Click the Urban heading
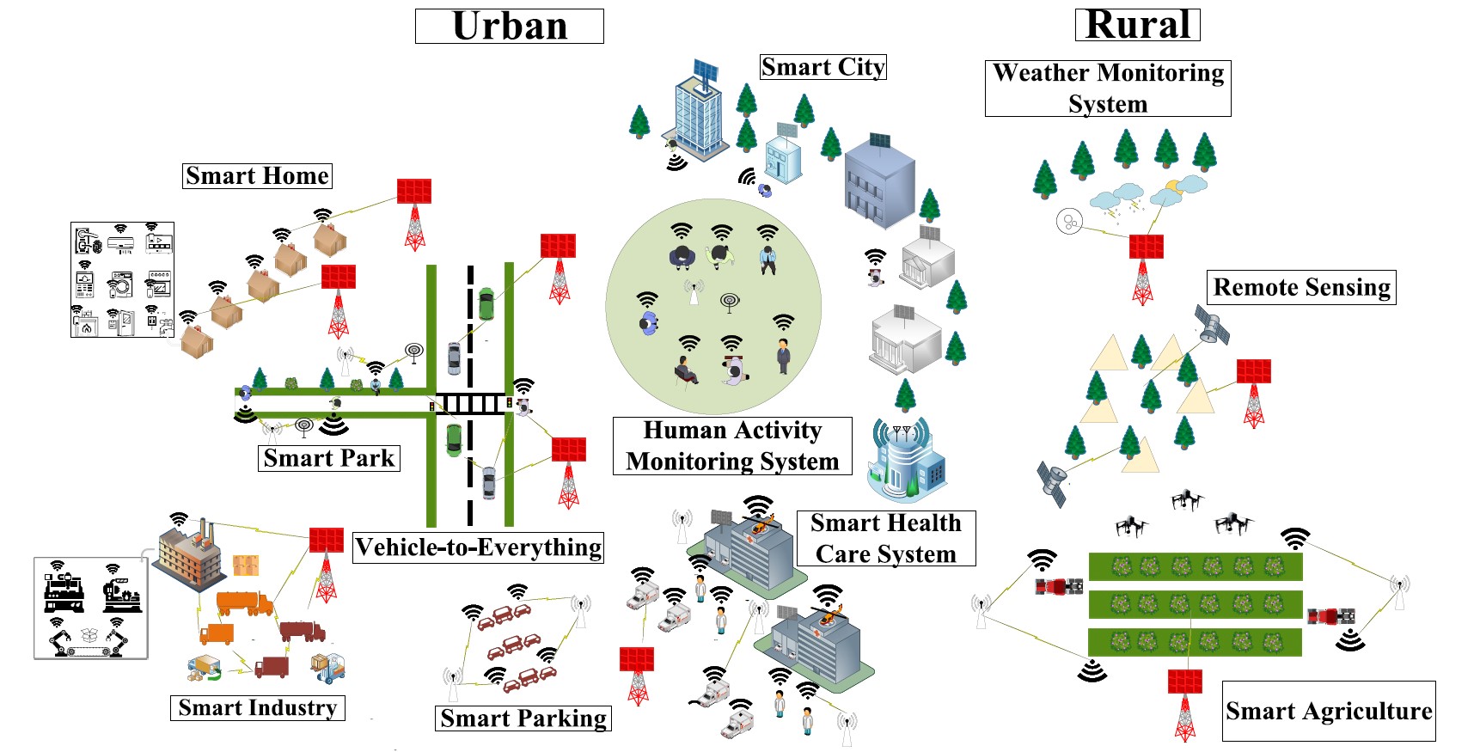point(509,27)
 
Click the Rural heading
point(1137,25)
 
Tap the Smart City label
point(823,67)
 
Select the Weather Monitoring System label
point(1107,88)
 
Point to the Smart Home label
point(257,176)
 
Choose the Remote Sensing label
point(1301,287)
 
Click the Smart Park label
point(328,458)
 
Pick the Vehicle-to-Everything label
point(478,547)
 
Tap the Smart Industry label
point(257,708)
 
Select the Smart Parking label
point(523,718)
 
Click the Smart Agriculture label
point(1328,712)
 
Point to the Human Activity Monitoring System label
point(732,446)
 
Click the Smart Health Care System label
point(885,539)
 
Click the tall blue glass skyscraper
point(697,113)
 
